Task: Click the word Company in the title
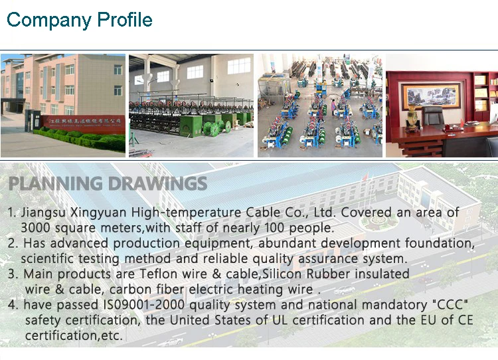[x=49, y=21]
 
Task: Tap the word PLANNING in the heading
[x=55, y=184]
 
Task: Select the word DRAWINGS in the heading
[x=157, y=184]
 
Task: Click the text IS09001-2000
[x=144, y=305]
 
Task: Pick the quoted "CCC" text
[x=450, y=304]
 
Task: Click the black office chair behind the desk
[x=432, y=116]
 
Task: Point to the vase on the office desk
[x=412, y=117]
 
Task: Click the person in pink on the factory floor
[x=333, y=108]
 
